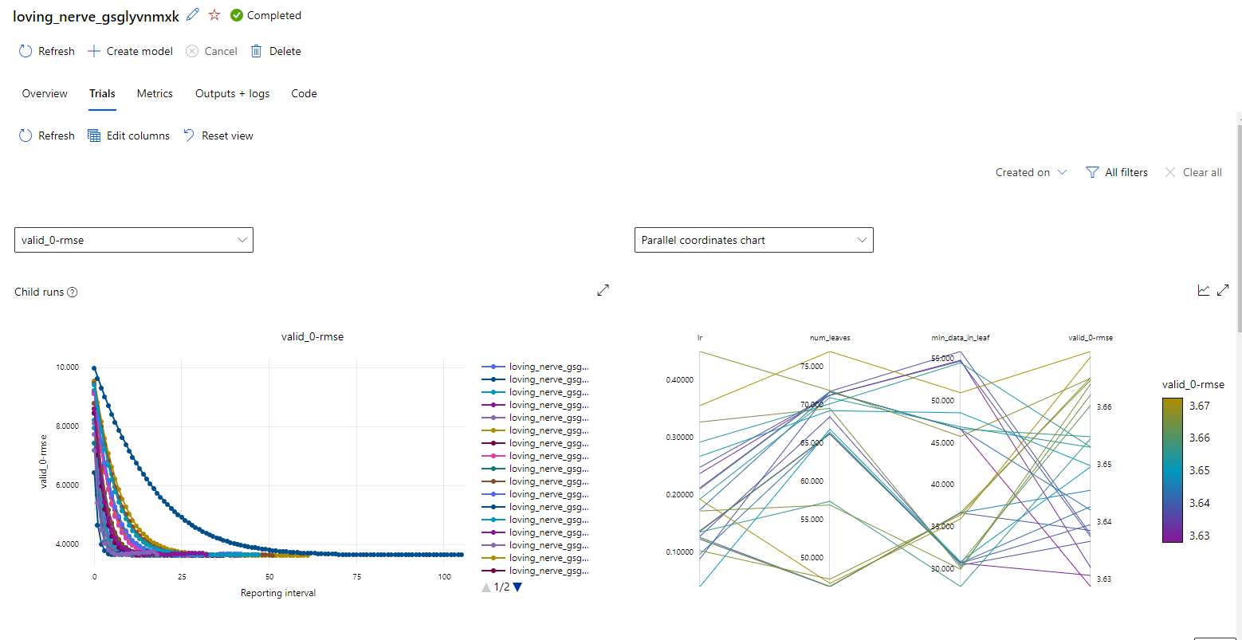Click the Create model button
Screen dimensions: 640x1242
tap(130, 51)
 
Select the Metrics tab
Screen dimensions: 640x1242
tap(155, 93)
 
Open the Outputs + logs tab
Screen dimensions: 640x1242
tap(232, 93)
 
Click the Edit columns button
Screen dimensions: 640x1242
tap(128, 135)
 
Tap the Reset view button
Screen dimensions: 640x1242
tap(218, 135)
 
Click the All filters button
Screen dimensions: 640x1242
tap(1117, 172)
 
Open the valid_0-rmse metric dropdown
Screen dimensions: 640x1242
tap(134, 240)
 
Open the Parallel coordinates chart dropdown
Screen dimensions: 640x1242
tap(753, 240)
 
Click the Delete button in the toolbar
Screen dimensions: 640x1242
tap(276, 51)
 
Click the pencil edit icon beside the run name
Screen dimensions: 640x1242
tap(192, 15)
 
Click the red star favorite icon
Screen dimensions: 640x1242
tap(214, 15)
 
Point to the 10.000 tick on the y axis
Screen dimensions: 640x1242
tap(67, 367)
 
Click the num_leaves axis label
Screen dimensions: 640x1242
tap(830, 338)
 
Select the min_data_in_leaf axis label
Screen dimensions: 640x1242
tap(960, 338)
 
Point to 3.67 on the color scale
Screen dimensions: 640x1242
tap(1199, 406)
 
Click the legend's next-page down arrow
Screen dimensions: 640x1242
tap(517, 587)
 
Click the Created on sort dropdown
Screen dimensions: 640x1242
tap(1031, 172)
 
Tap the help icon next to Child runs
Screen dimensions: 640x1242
tap(73, 292)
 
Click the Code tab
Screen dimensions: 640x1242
tap(304, 93)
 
